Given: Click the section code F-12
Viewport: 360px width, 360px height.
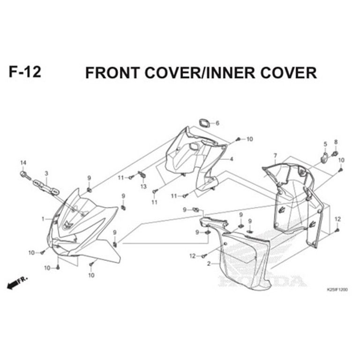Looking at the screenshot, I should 25,73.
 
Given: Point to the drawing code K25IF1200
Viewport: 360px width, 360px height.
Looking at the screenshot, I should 337,290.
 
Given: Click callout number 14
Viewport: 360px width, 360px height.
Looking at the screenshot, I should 22,163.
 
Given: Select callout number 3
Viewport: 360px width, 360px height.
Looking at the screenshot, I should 46,174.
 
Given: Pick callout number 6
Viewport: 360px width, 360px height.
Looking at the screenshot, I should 217,123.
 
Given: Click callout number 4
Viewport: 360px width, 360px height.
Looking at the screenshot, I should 231,159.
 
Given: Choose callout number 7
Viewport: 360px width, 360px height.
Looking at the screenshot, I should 275,155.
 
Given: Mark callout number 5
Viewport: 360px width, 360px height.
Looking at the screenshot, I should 324,144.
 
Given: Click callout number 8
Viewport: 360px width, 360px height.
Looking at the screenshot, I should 336,142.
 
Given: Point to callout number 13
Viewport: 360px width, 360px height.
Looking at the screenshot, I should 144,186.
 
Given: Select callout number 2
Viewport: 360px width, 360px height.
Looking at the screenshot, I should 209,264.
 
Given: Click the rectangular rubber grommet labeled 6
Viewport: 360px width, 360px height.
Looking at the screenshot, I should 204,123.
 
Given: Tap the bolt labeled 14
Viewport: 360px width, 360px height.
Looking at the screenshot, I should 24,176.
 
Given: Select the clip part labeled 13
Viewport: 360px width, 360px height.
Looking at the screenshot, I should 143,176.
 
